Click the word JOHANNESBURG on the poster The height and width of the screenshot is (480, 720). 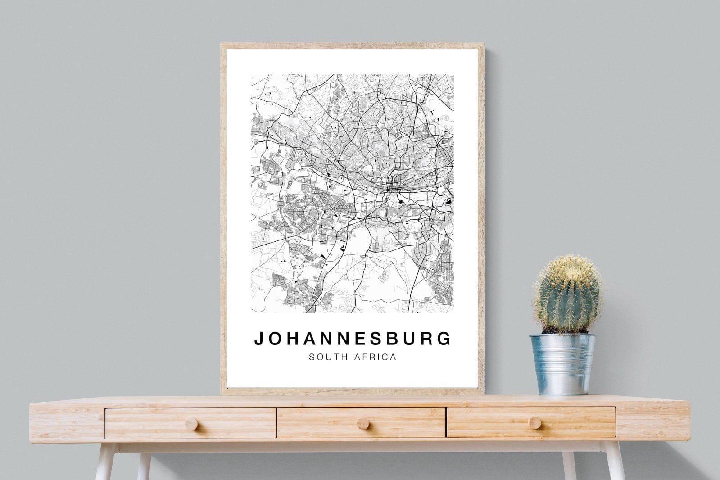tap(353, 339)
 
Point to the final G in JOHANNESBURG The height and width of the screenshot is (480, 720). tap(445, 339)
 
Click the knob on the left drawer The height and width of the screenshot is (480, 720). tap(191, 424)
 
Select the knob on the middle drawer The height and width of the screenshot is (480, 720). tap(362, 423)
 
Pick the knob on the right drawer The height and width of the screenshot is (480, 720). tap(535, 422)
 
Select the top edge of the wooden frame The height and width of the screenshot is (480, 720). tap(352, 45)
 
